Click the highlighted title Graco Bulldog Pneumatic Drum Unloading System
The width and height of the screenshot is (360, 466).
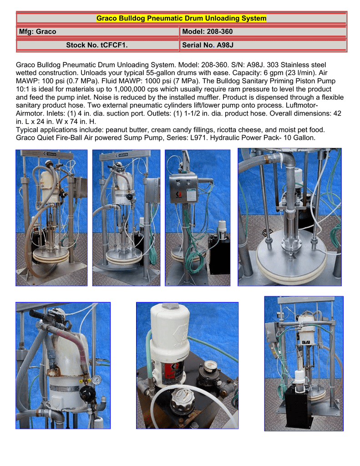pyautogui.click(x=181, y=18)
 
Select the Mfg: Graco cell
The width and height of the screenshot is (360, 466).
pyautogui.click(x=98, y=31)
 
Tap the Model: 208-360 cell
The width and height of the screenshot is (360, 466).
pyautogui.click(x=263, y=31)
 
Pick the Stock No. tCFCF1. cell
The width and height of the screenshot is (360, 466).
pyautogui.click(x=98, y=45)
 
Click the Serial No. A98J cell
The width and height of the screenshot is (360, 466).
pyautogui.click(x=263, y=45)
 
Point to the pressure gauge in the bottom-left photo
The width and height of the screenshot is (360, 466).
pyautogui.click(x=96, y=380)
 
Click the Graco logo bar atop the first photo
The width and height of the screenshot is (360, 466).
pyautogui.click(x=47, y=154)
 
